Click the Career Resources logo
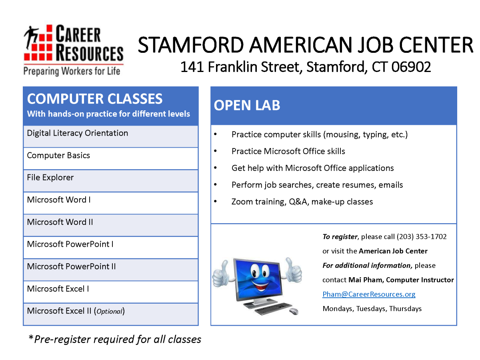(73, 50)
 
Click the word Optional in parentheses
(109, 312)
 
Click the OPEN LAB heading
(247, 106)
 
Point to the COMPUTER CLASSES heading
(95, 99)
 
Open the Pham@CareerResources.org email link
(369, 294)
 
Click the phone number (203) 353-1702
(422, 237)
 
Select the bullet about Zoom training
(302, 202)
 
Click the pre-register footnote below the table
(115, 340)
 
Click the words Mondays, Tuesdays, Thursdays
(372, 309)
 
